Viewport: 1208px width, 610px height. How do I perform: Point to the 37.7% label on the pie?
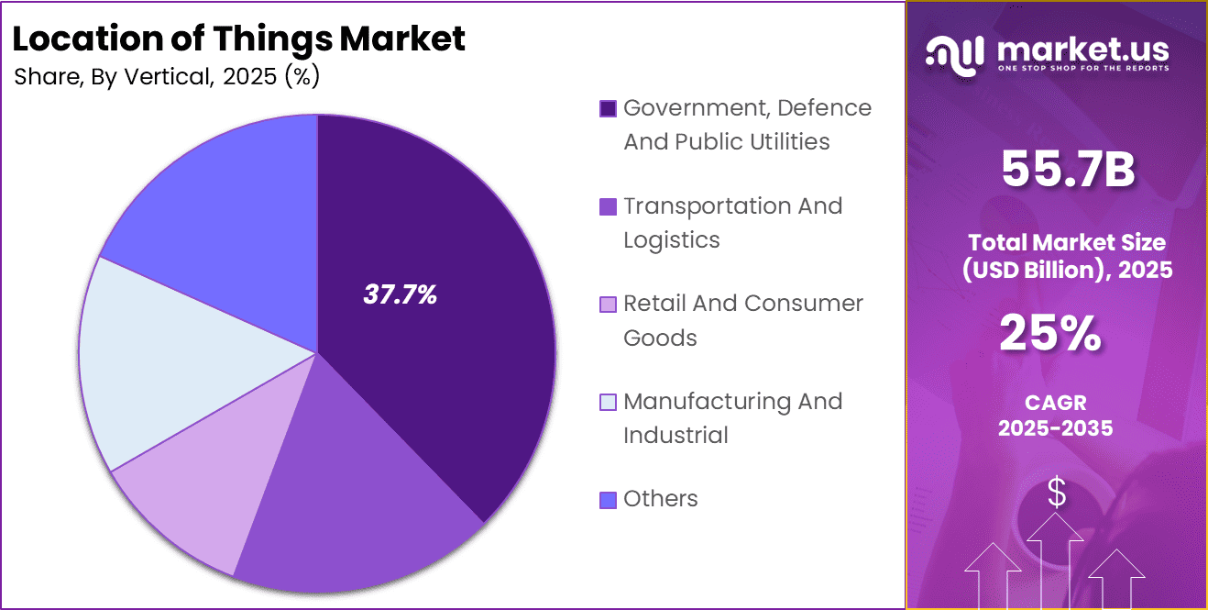pos(401,295)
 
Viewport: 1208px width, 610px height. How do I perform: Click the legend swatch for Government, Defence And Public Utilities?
pos(608,109)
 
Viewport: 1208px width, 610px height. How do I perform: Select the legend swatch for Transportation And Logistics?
pos(608,207)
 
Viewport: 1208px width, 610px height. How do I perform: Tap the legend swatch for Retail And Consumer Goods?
pos(608,305)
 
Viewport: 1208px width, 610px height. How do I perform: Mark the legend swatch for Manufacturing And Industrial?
pos(608,403)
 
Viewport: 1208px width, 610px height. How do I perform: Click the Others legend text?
pos(660,499)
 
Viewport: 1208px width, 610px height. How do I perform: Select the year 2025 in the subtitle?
pos(250,77)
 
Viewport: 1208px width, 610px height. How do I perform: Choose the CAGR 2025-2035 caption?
pos(1056,416)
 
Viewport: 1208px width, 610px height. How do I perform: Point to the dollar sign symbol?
pos(1057,494)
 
